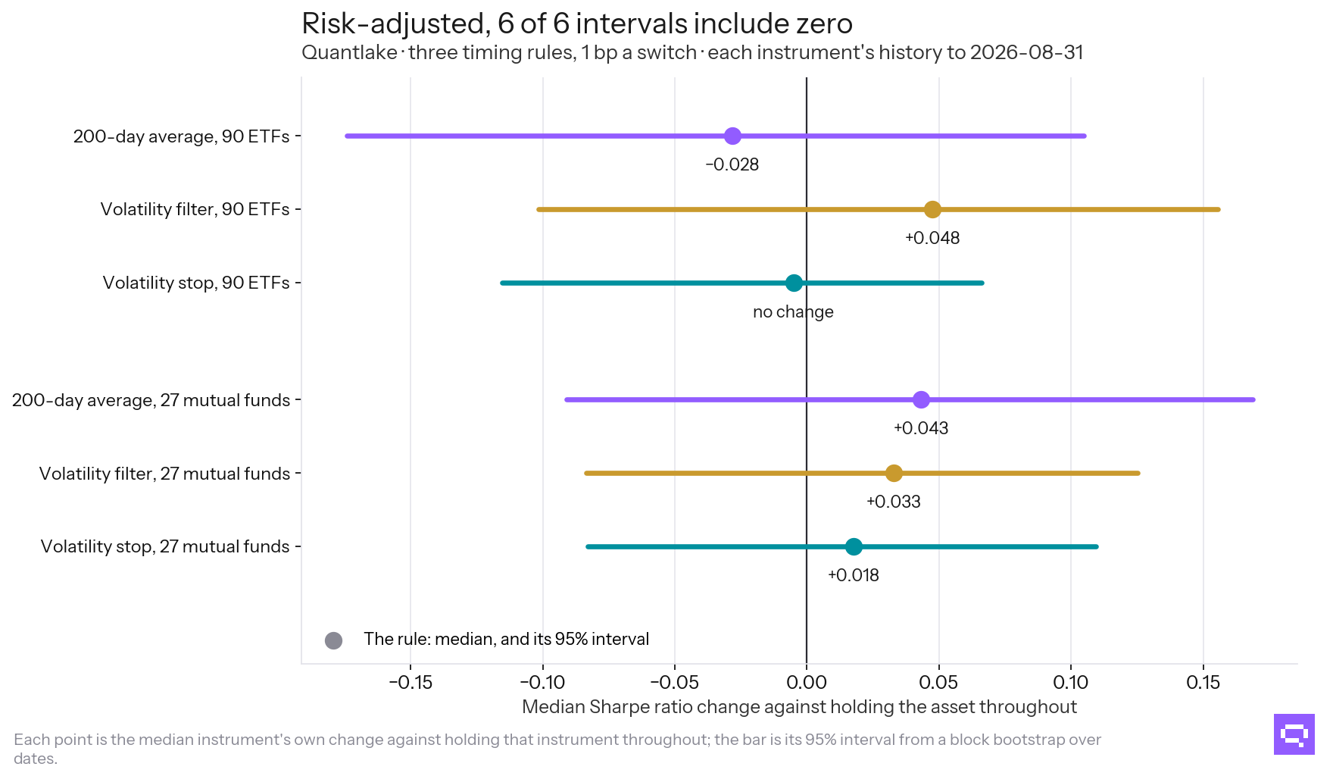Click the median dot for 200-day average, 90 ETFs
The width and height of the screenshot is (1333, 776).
(732, 136)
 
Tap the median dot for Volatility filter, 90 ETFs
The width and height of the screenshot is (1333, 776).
(932, 210)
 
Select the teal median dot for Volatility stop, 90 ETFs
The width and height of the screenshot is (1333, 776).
(794, 283)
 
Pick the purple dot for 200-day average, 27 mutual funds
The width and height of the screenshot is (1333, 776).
(921, 400)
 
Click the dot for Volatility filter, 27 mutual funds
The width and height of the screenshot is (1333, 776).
(894, 474)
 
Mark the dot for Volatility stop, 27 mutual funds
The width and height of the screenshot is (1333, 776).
(854, 547)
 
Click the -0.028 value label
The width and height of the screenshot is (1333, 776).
(732, 165)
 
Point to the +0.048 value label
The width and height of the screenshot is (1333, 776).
(932, 239)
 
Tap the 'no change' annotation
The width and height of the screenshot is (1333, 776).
(793, 312)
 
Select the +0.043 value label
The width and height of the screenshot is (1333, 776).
(921, 429)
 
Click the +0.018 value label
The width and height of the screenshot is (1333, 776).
(854, 576)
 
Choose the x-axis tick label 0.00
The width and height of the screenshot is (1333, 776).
(807, 683)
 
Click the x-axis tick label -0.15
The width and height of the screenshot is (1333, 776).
(411, 683)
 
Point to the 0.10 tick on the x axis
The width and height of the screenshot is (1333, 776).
(1071, 683)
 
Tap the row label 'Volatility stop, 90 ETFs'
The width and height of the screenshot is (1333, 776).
(196, 283)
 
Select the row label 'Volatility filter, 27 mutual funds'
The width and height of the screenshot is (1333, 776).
(165, 474)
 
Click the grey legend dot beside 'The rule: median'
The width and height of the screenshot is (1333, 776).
(333, 640)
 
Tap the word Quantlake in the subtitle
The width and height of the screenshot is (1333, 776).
(349, 53)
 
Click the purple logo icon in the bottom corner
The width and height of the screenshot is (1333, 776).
(1294, 734)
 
